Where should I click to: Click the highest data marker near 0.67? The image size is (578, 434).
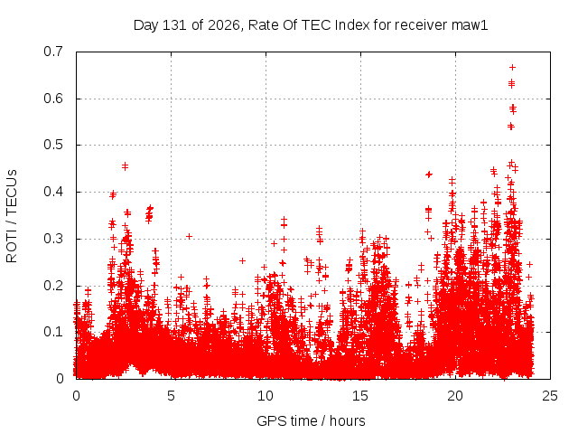tap(512, 68)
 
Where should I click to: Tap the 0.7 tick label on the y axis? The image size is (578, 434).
tap(53, 52)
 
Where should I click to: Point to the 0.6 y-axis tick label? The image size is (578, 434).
tap(53, 99)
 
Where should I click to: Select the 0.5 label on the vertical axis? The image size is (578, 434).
tap(53, 145)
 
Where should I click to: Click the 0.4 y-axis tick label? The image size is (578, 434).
tap(53, 192)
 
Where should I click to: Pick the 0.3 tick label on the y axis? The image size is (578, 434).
tap(53, 239)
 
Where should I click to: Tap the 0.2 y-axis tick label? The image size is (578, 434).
tap(53, 286)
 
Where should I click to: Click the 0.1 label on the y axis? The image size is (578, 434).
tap(53, 332)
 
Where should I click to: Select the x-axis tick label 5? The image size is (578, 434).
tap(171, 396)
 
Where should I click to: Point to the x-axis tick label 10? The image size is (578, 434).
tap(266, 396)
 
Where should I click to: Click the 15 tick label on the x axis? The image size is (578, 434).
tap(360, 396)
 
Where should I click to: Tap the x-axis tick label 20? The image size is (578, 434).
tap(455, 396)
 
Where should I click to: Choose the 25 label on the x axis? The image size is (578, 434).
tap(550, 396)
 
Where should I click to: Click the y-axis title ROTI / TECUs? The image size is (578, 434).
tap(12, 216)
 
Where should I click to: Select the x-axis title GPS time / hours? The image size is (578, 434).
tap(311, 421)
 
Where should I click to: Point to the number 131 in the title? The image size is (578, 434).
tap(175, 25)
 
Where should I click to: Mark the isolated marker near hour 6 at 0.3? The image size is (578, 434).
tap(189, 236)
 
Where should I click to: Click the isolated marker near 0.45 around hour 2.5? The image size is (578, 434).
tap(125, 166)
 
